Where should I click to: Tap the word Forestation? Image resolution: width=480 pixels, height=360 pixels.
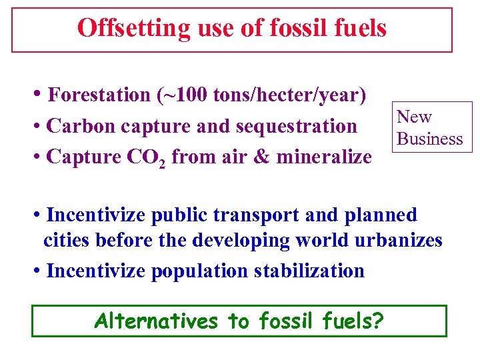pyautogui.click(x=99, y=95)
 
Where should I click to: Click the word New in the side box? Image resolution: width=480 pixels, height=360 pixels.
pyautogui.click(x=414, y=117)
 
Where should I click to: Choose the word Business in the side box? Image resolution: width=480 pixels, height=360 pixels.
pyautogui.click(x=429, y=139)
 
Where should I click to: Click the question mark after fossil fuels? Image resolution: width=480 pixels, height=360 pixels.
pyautogui.click(x=378, y=321)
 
